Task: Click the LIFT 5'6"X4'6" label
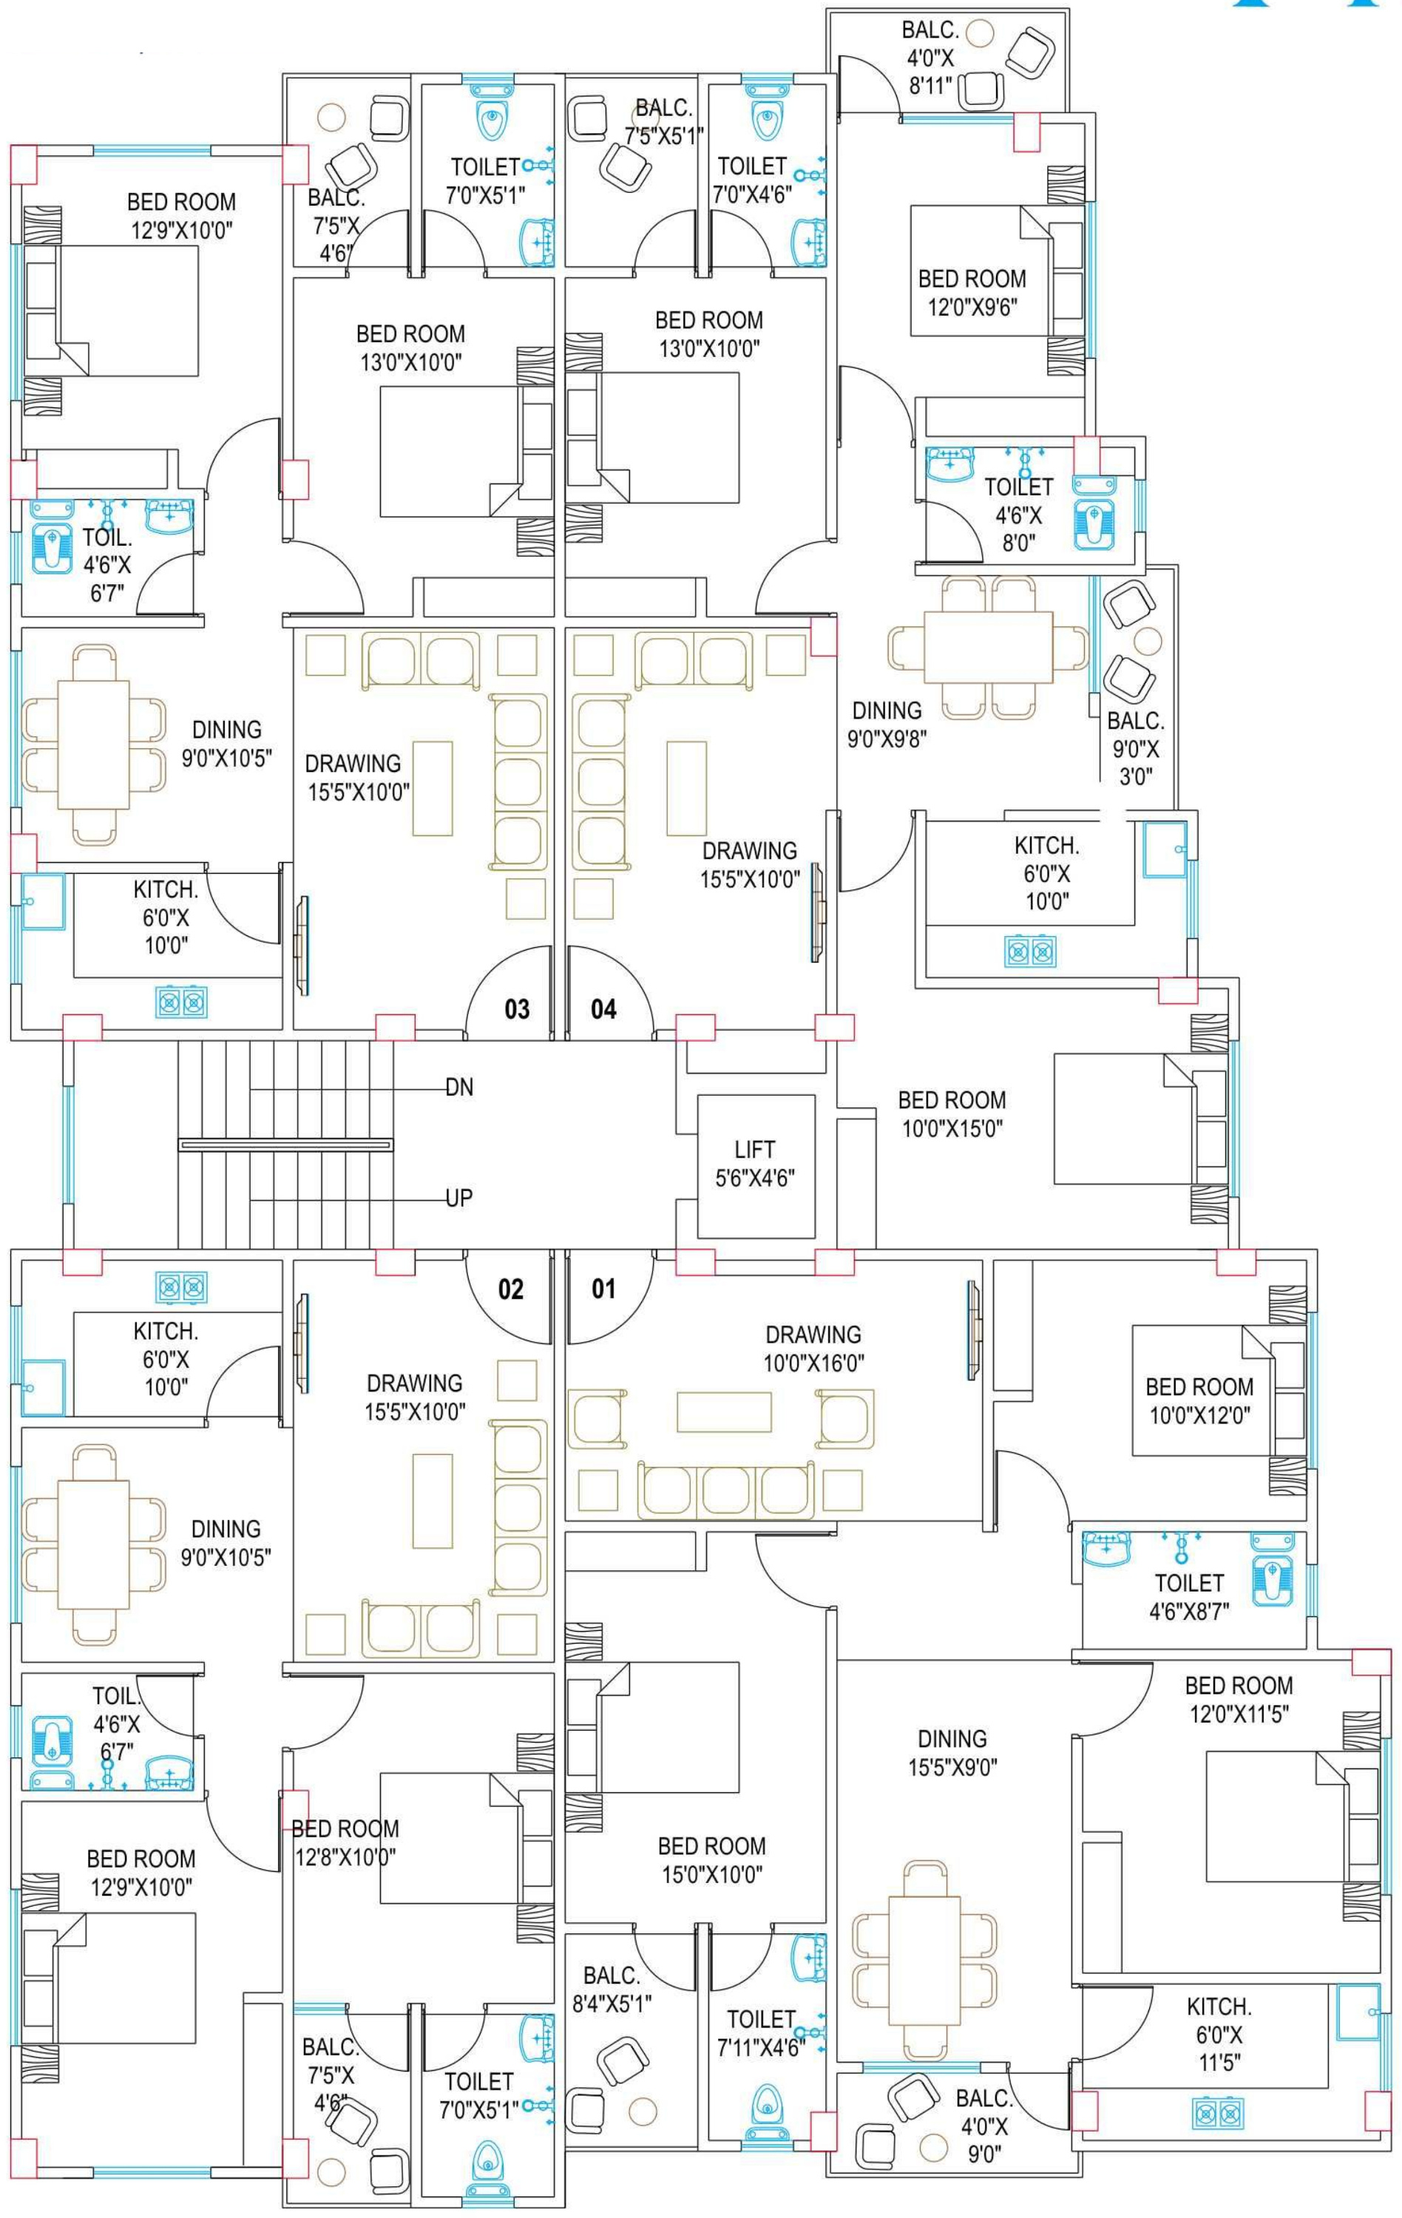(754, 1164)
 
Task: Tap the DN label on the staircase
(460, 1088)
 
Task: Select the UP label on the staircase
(458, 1198)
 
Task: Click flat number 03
(517, 1009)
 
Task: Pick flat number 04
(603, 1009)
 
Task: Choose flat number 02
(510, 1289)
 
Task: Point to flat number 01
(603, 1289)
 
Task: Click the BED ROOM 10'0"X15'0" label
(952, 1113)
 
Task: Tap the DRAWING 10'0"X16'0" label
(813, 1349)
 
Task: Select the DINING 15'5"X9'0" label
(952, 1753)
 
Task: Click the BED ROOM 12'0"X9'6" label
(972, 292)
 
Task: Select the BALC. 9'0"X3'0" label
(1135, 748)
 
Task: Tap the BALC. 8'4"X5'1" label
(612, 1990)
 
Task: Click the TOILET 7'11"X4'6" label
(761, 2033)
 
